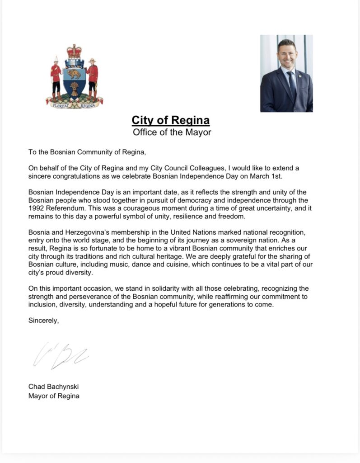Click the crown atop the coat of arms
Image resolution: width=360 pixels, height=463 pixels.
pos(74,51)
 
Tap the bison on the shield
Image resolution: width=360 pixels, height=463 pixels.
pos(74,73)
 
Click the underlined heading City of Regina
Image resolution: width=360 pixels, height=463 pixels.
pos(171,120)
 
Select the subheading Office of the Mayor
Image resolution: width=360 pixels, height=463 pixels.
pos(172,132)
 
